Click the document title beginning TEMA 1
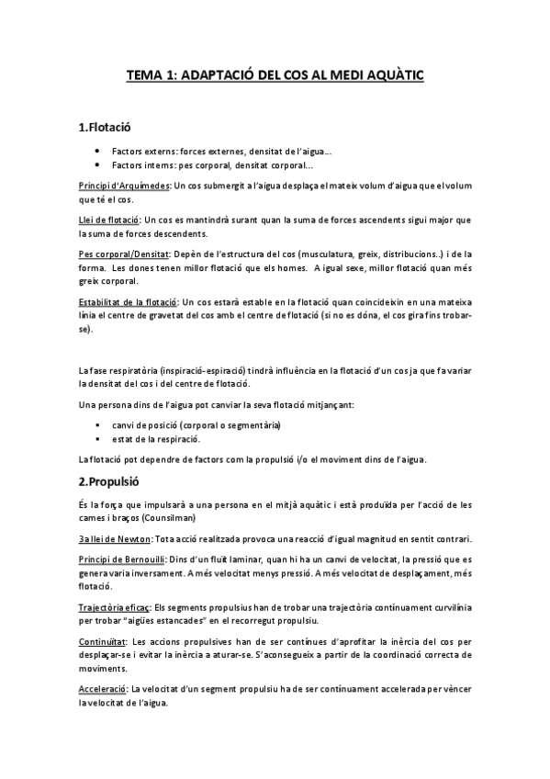[x=275, y=79]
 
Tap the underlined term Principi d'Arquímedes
[x=124, y=186]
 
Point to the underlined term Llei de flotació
[x=108, y=221]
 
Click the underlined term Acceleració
[x=103, y=689]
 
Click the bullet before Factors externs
[x=96, y=150]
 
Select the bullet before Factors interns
[x=96, y=164]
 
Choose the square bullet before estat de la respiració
[x=96, y=440]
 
